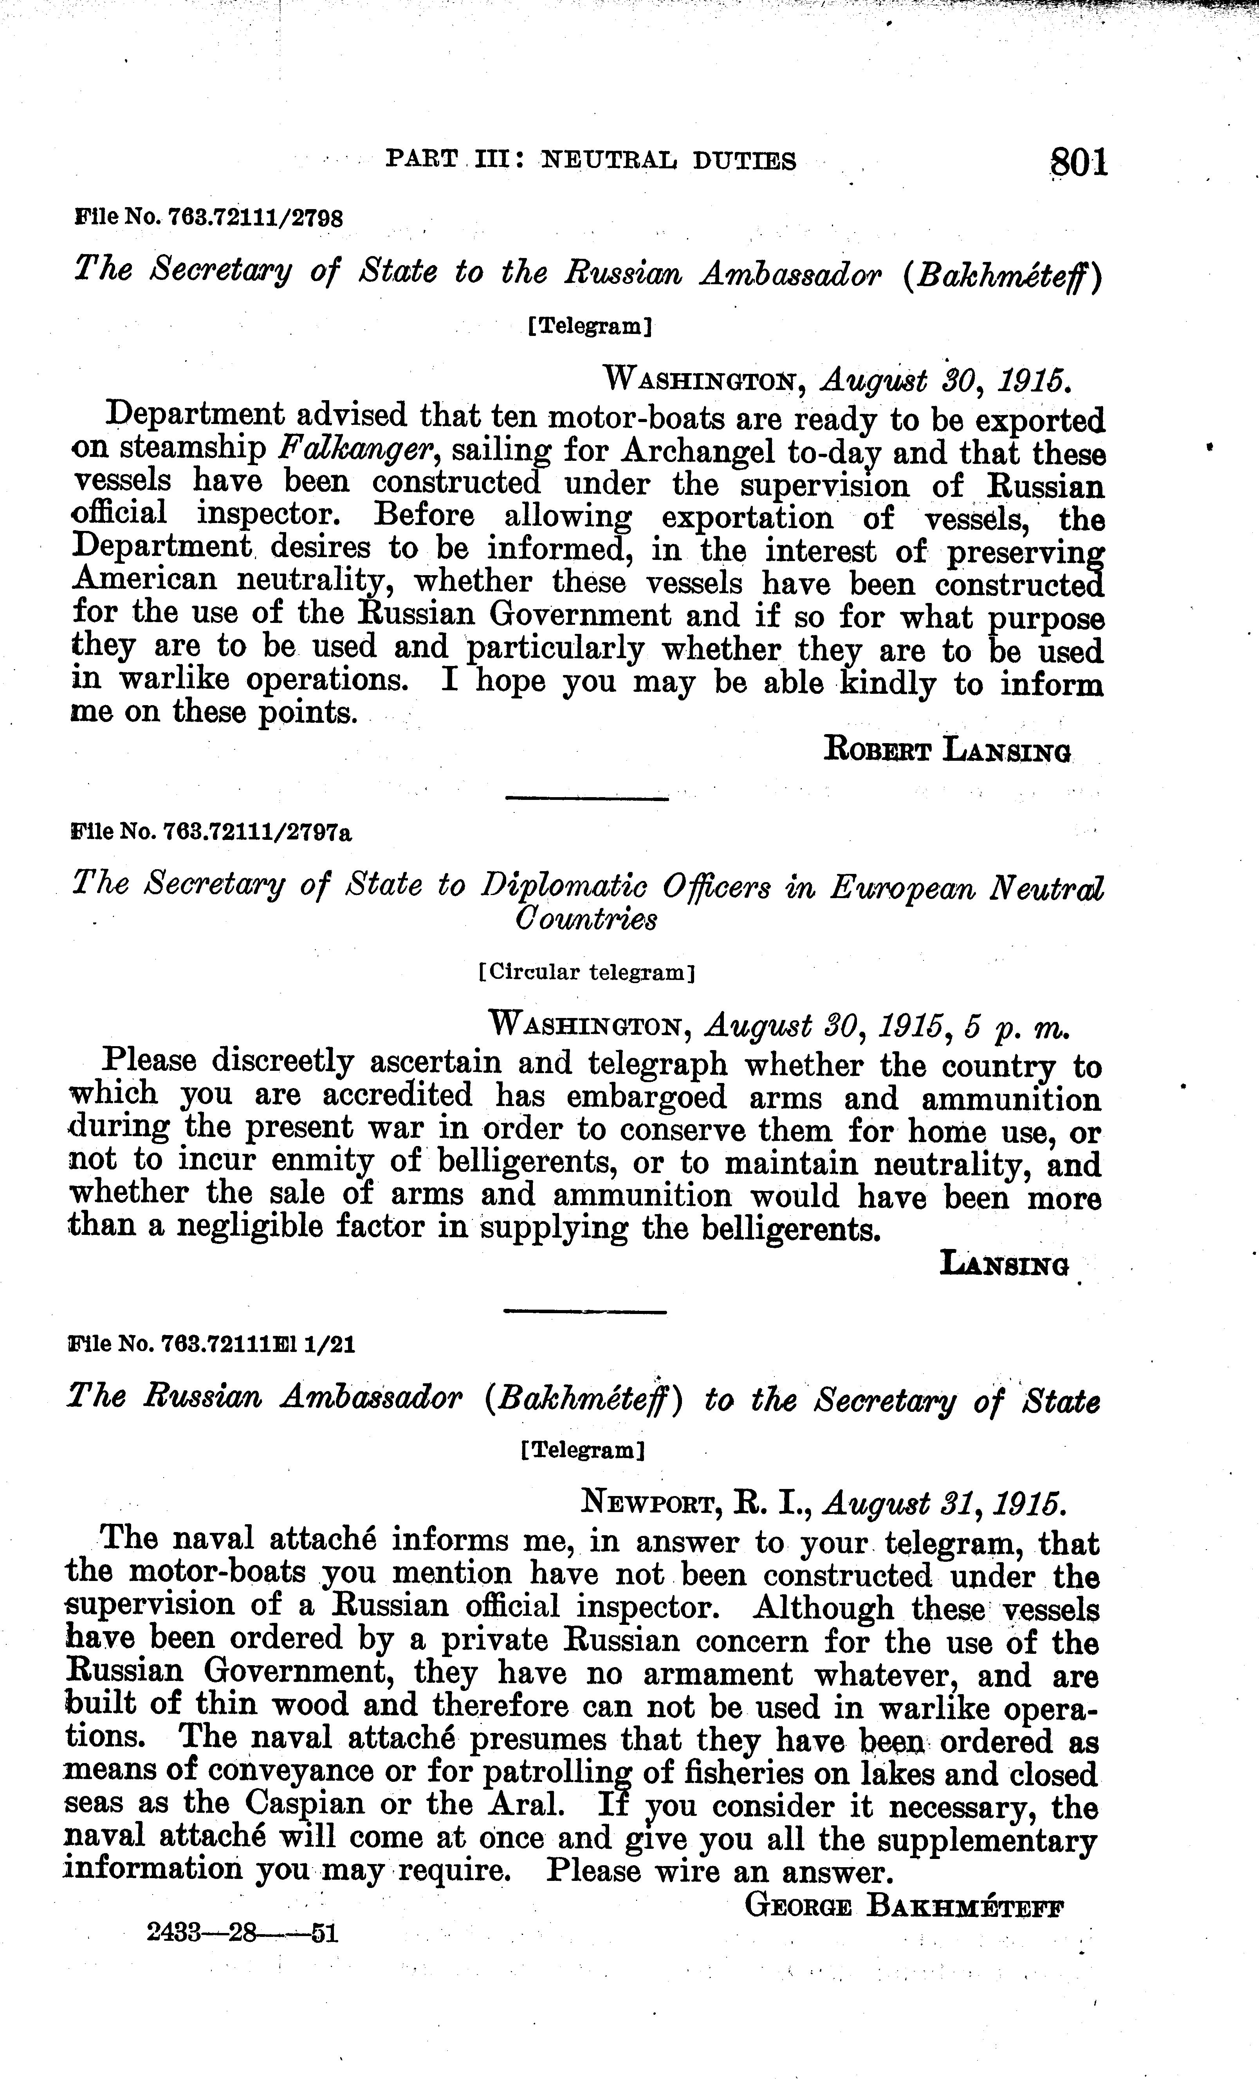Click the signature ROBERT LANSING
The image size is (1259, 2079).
[947, 749]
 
